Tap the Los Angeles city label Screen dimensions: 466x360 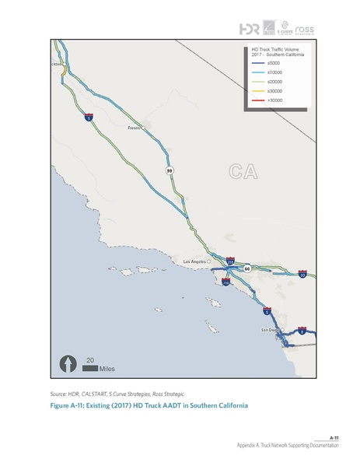pos(195,261)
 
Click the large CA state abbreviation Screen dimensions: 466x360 pos(243,172)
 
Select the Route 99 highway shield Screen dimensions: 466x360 pos(169,170)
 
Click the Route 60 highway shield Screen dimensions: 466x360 pos(246,268)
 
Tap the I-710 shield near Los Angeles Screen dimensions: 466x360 pos(225,283)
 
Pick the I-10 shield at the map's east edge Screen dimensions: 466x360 pos(302,275)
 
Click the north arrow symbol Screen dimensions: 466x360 pos(68,363)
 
